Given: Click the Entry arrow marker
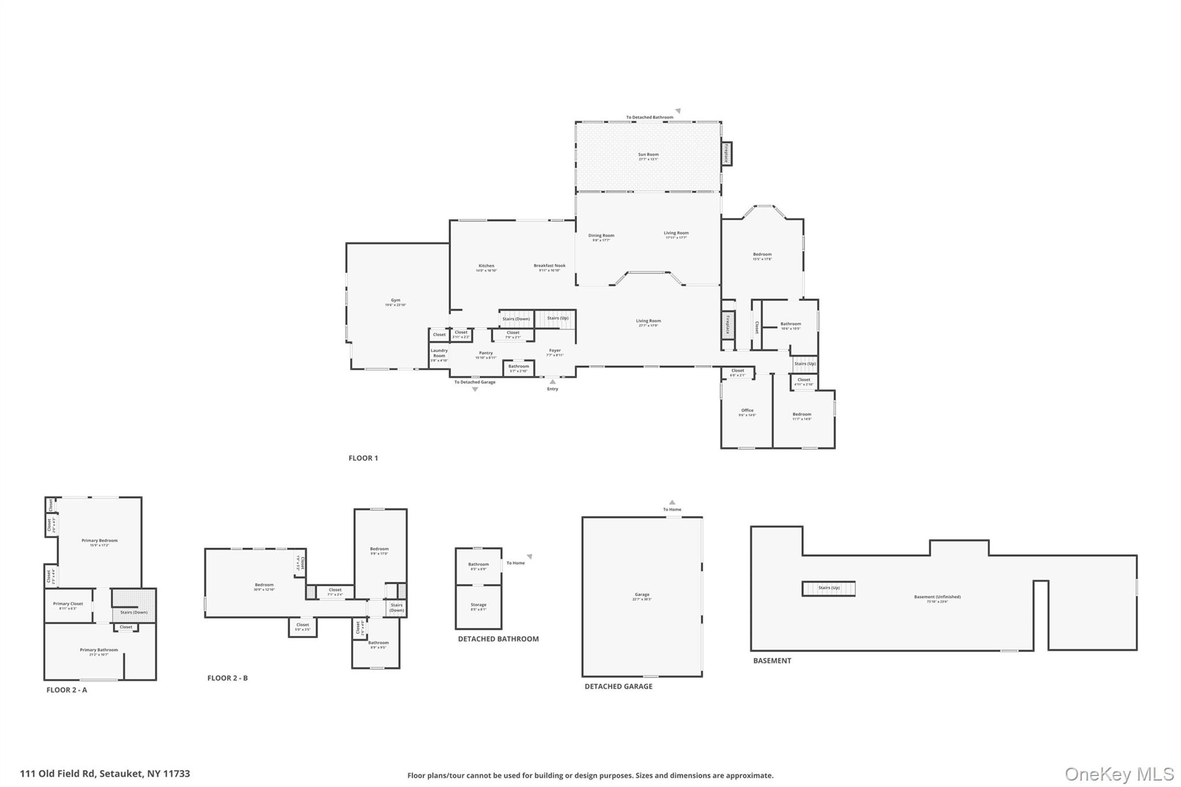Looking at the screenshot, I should click(x=552, y=382).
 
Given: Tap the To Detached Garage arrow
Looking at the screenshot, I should click(x=475, y=389).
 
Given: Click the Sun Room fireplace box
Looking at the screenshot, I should click(x=727, y=154).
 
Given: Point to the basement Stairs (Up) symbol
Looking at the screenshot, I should click(x=828, y=588).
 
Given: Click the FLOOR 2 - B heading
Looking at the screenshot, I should click(x=227, y=678).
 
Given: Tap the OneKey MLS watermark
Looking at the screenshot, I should click(x=1119, y=774).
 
